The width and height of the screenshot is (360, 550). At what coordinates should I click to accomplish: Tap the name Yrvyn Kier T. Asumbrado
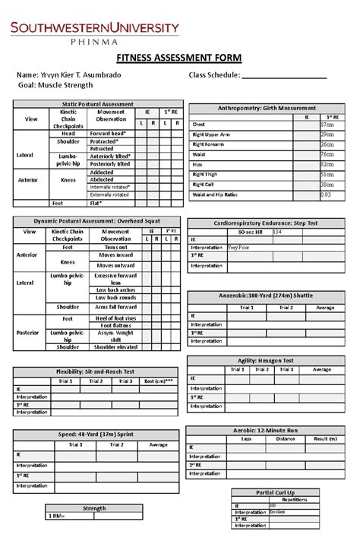(x=79, y=77)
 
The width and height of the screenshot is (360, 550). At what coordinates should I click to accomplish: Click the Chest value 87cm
(x=327, y=125)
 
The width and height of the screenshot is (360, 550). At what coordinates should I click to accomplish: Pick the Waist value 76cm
(x=327, y=154)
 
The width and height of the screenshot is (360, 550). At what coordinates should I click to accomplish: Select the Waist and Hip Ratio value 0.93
(x=326, y=194)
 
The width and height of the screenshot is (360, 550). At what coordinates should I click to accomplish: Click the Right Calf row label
(x=205, y=185)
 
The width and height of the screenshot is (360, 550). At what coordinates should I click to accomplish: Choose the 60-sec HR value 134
(x=277, y=232)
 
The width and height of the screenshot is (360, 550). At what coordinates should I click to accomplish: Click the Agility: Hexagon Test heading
(x=266, y=362)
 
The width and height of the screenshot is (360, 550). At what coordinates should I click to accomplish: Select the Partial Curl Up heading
(x=276, y=492)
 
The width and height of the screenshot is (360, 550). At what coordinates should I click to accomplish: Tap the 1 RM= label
(x=57, y=517)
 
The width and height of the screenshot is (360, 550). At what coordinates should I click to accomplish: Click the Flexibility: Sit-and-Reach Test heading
(x=93, y=371)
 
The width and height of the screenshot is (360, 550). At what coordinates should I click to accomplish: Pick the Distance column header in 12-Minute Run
(x=286, y=438)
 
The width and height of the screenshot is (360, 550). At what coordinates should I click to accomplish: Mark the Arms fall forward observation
(x=115, y=307)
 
